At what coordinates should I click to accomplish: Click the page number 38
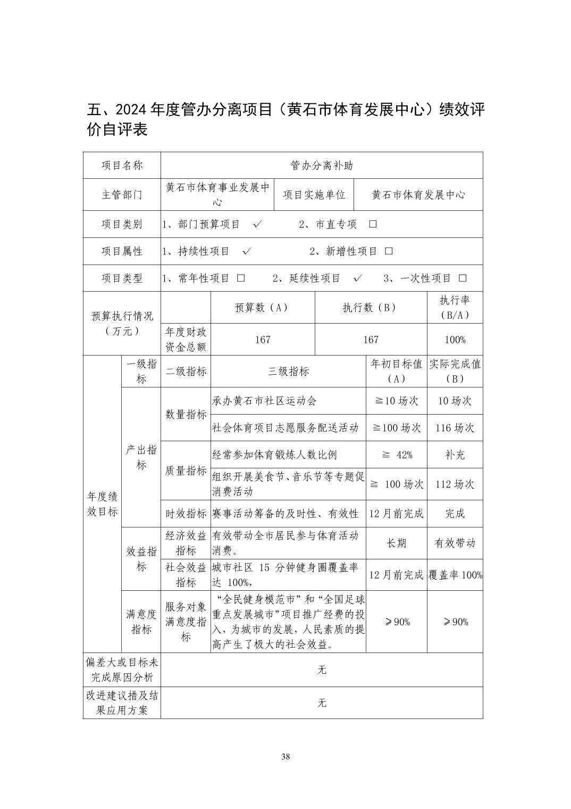(x=285, y=757)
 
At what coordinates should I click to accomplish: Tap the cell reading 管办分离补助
(x=322, y=166)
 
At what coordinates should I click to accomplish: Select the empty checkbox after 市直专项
(x=373, y=224)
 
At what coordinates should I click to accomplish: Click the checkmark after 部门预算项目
(x=258, y=224)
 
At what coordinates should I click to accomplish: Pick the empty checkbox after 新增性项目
(x=389, y=251)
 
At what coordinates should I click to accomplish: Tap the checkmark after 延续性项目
(x=358, y=278)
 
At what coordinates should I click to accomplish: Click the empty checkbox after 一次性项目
(x=463, y=278)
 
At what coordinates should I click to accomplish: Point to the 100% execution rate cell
(x=455, y=340)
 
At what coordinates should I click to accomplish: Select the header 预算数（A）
(x=263, y=308)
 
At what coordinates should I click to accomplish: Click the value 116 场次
(x=455, y=428)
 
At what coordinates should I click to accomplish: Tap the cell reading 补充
(x=455, y=455)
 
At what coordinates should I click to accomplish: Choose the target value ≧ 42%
(x=397, y=455)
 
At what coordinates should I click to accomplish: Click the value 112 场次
(x=455, y=484)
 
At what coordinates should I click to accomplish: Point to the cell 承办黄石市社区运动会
(x=264, y=401)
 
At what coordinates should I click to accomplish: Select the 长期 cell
(x=396, y=543)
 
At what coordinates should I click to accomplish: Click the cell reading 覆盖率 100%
(x=455, y=575)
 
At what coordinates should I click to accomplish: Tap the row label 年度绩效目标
(x=102, y=504)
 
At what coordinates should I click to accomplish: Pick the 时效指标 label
(x=186, y=514)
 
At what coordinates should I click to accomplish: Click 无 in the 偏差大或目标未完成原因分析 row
(x=322, y=670)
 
